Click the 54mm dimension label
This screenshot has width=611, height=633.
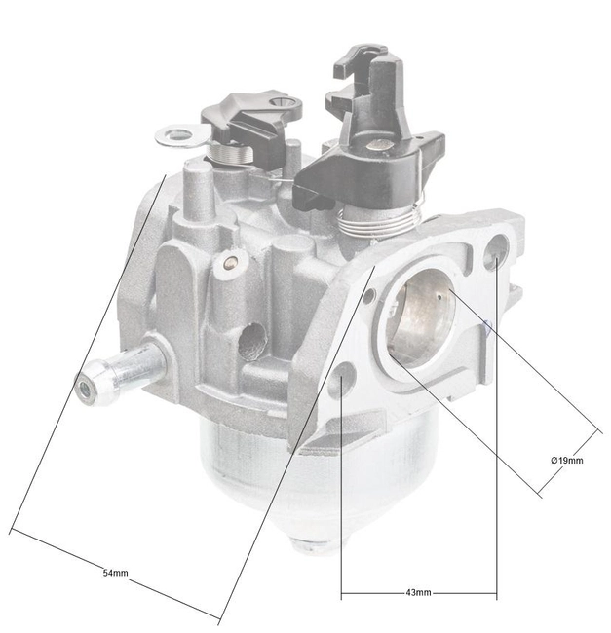(x=114, y=573)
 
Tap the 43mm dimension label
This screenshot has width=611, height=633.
(x=417, y=592)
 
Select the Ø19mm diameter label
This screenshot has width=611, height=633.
(x=566, y=460)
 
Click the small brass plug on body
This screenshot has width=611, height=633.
(x=231, y=261)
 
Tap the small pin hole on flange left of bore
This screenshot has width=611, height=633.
(x=368, y=295)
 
